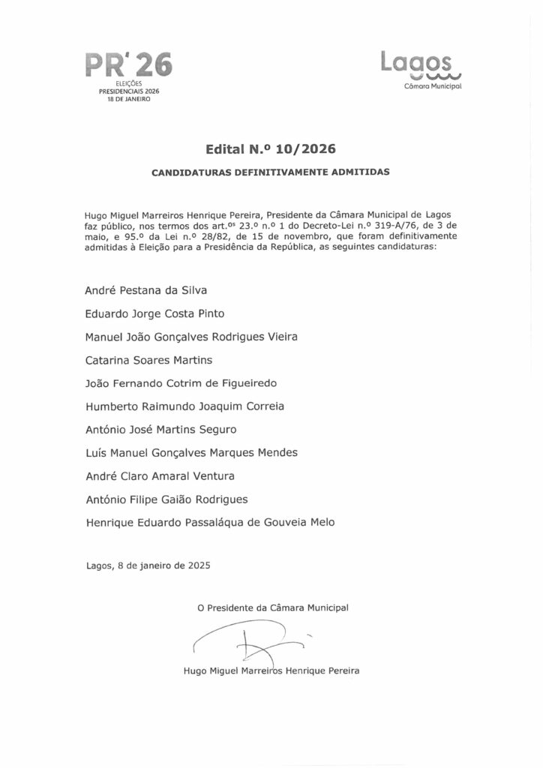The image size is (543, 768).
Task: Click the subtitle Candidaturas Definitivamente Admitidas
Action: click(x=271, y=172)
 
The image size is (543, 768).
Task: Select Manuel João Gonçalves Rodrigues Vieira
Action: click(x=192, y=337)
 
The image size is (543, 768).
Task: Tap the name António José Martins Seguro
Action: click(x=161, y=430)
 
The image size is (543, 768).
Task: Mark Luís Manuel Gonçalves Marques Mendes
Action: click(x=191, y=453)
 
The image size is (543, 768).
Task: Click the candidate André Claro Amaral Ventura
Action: click(x=160, y=476)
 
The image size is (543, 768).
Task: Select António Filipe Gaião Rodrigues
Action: click(x=166, y=499)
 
